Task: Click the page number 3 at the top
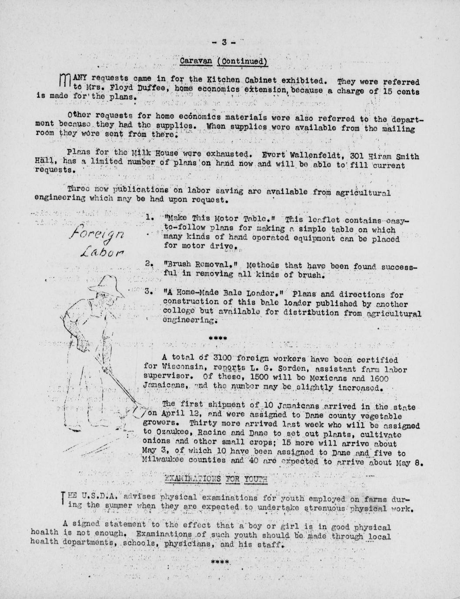pos(224,42)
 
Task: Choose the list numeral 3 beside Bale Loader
pos(149,292)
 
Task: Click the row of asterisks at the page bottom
pos(220,561)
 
